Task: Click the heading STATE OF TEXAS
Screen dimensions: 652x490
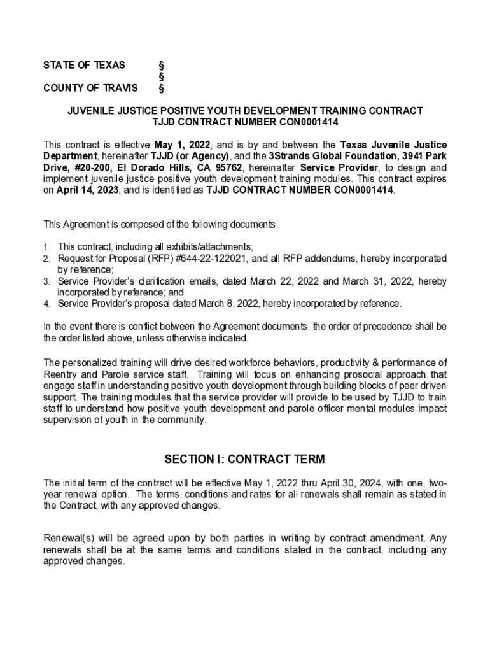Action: click(x=84, y=65)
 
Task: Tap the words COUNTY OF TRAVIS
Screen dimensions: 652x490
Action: click(x=90, y=88)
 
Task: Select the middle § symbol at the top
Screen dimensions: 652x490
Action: click(x=161, y=76)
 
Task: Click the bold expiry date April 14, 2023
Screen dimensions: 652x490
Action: click(x=84, y=190)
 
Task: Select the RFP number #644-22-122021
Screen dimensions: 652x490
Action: click(x=213, y=259)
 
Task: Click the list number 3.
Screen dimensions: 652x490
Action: click(x=46, y=281)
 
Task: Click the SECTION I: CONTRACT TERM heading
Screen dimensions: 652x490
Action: click(x=244, y=459)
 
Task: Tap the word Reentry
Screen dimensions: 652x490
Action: click(x=60, y=374)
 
